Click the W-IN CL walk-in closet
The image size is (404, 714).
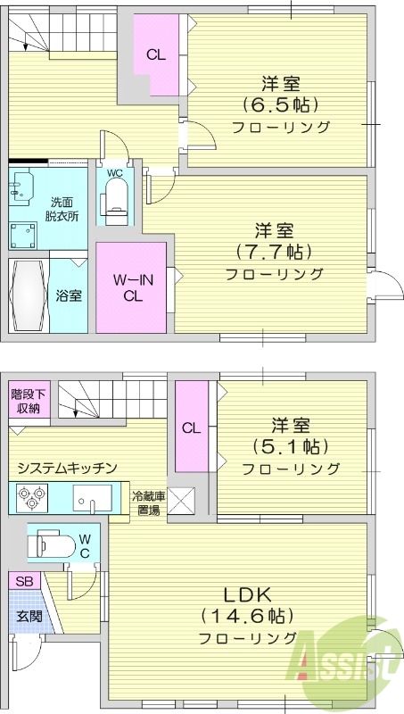click(x=132, y=287)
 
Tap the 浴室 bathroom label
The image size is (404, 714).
click(x=68, y=294)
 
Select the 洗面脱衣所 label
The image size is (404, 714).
click(x=64, y=209)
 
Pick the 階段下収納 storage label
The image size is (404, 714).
click(x=25, y=401)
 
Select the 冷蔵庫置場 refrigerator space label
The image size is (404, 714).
click(x=147, y=504)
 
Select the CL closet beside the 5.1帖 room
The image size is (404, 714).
click(x=191, y=427)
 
